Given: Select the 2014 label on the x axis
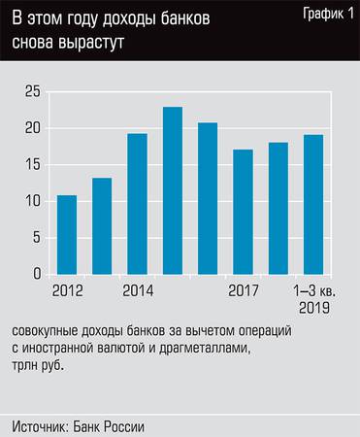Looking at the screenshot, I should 137,290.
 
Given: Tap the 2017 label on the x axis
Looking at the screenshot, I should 244,290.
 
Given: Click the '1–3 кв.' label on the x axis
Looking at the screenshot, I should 312,290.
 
